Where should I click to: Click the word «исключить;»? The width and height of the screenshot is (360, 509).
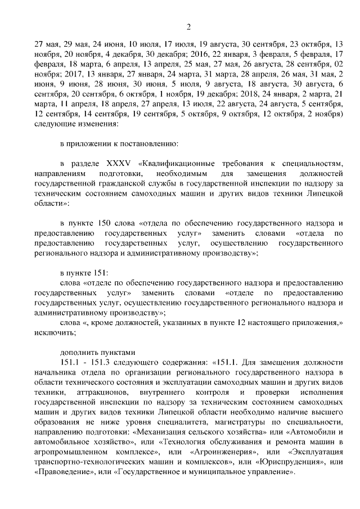[x=55, y=332]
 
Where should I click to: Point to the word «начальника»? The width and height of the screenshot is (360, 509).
[x=54, y=372]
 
